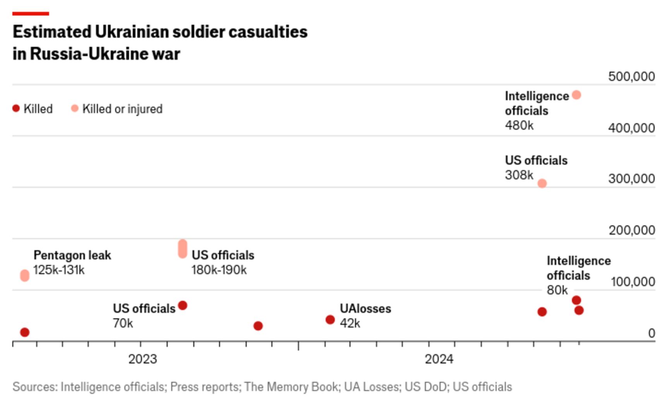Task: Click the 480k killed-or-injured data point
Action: click(576, 95)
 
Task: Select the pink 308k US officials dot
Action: click(542, 183)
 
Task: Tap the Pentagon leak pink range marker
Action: click(25, 276)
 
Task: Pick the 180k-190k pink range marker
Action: click(183, 248)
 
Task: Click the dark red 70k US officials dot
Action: click(183, 305)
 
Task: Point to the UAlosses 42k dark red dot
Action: click(330, 319)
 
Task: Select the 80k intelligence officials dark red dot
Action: click(576, 300)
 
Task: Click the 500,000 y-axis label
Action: click(631, 77)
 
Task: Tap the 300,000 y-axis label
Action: click(631, 179)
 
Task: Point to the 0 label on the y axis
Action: click(651, 333)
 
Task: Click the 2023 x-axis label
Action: click(142, 359)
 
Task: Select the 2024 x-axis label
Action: click(439, 359)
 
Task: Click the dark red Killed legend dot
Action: click(16, 108)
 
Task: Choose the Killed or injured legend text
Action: click(122, 109)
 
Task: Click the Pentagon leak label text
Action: click(72, 255)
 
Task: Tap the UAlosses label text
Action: click(365, 308)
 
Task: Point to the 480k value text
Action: click(519, 125)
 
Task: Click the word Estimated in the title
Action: click(52, 32)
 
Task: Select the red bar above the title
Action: click(31, 14)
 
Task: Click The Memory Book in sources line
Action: click(291, 387)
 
